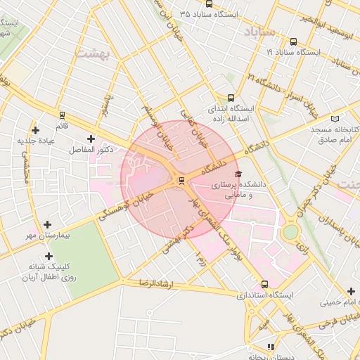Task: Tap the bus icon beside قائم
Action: point(62,115)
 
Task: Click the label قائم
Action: point(62,125)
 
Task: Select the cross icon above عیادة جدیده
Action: point(35,130)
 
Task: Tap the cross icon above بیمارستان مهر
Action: point(47,224)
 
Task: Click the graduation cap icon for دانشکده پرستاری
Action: point(238,174)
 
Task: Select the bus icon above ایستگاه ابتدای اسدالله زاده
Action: point(231,98)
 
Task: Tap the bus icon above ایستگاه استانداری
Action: point(264,285)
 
